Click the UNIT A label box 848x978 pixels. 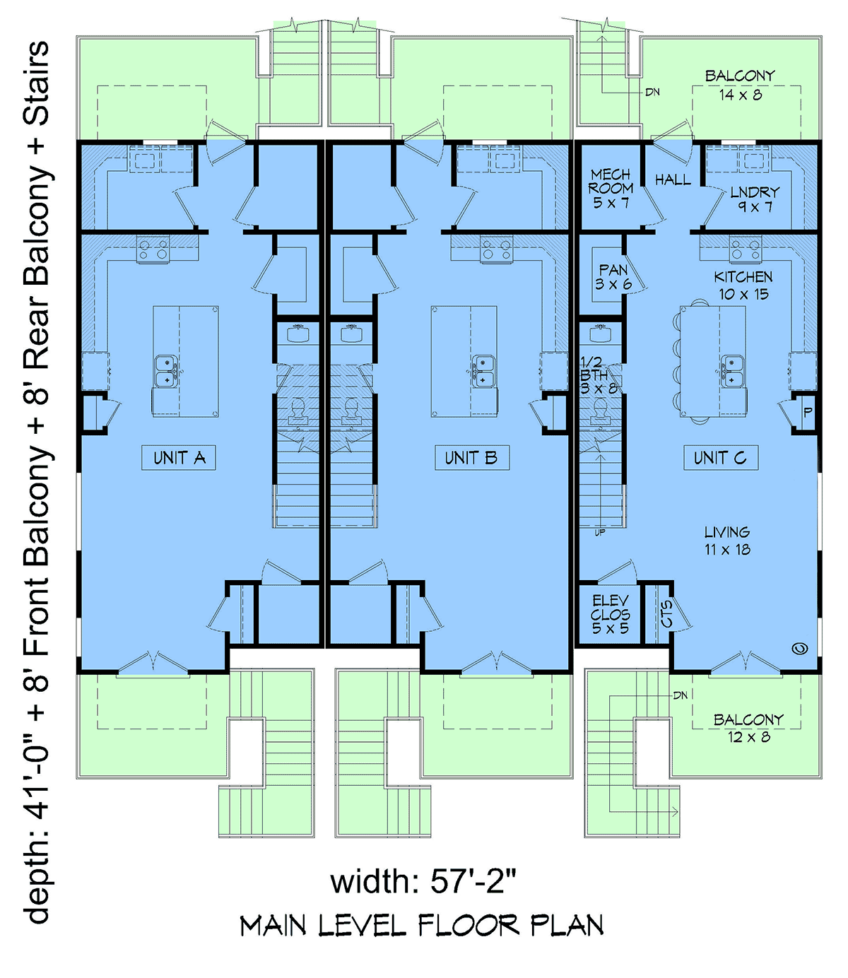178,457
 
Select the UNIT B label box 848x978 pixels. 472,457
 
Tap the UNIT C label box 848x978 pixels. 721,457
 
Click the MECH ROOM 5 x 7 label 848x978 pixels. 611,188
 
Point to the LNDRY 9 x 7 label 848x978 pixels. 755,199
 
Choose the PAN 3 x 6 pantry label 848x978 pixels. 613,277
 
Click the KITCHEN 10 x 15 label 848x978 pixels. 743,285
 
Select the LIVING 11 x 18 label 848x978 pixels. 727,541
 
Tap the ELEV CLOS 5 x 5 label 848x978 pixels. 610,615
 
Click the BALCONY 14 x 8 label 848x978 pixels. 740,86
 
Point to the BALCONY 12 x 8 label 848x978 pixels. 748,728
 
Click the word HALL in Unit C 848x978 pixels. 673,179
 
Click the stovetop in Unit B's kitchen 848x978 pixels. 496,249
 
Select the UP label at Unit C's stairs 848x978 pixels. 599,533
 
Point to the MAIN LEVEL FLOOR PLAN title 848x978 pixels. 422,926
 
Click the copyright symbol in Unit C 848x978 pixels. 800,648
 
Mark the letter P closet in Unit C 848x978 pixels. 808,412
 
